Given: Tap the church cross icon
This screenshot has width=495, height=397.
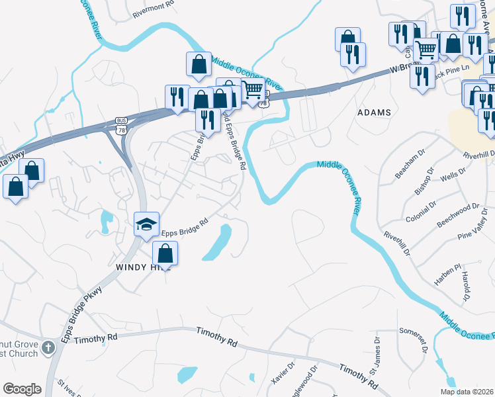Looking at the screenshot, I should (48, 347).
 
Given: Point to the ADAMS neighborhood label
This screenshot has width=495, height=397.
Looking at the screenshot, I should (375, 112).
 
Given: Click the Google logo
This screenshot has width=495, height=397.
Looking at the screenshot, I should (22, 389).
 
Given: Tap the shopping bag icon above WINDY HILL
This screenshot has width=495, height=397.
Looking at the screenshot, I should (165, 253).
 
